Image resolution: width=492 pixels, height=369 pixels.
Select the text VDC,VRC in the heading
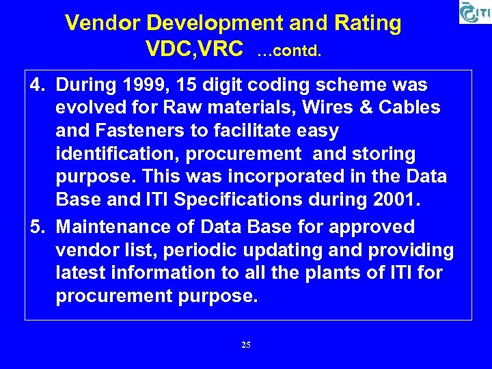click(x=194, y=49)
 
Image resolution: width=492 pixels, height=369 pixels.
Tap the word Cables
click(x=408, y=108)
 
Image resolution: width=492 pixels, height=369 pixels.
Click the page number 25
click(x=246, y=345)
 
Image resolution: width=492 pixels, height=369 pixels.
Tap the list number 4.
click(x=37, y=85)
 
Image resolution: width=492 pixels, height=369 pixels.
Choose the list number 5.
click(x=37, y=227)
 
